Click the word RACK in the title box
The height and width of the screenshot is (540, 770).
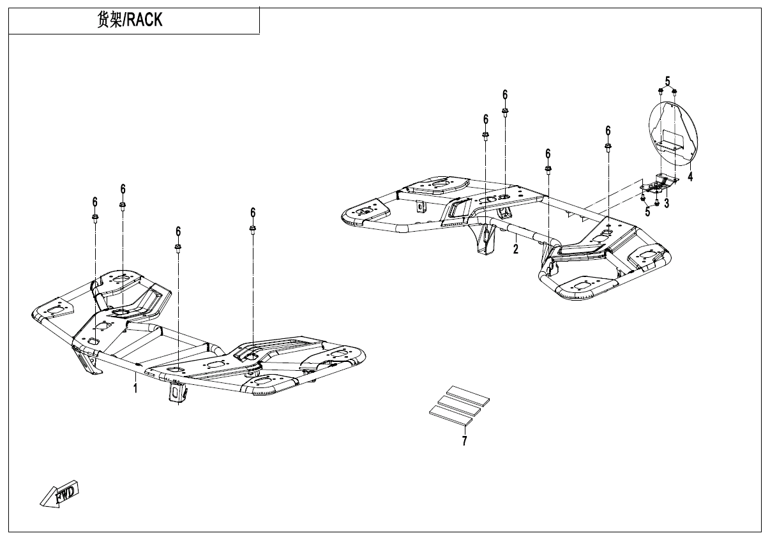(x=144, y=20)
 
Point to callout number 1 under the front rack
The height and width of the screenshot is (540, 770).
(x=135, y=388)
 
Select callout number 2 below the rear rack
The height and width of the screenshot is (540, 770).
(x=515, y=249)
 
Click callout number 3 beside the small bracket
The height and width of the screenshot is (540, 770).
(x=667, y=204)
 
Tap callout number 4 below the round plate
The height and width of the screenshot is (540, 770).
(x=690, y=176)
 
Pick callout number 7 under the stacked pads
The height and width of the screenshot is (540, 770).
(x=464, y=441)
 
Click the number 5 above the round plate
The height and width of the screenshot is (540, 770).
(x=667, y=81)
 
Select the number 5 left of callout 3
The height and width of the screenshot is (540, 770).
(x=647, y=212)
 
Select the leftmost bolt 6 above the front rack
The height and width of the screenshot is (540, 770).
(x=95, y=218)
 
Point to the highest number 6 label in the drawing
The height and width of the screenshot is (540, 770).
(x=505, y=94)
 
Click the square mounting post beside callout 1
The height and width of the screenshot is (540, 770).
(x=174, y=391)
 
